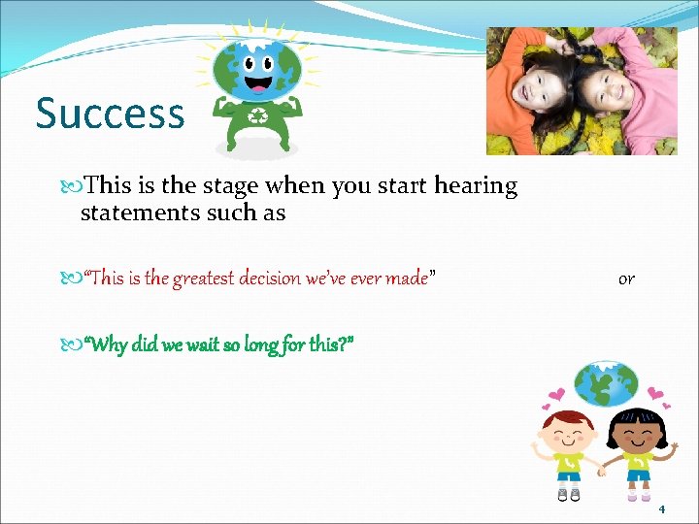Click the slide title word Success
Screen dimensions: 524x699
[110, 113]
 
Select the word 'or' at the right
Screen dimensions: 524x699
[626, 278]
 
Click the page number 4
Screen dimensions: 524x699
[662, 509]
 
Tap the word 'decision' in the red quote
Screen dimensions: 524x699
[292, 279]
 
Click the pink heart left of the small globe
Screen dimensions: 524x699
[558, 396]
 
